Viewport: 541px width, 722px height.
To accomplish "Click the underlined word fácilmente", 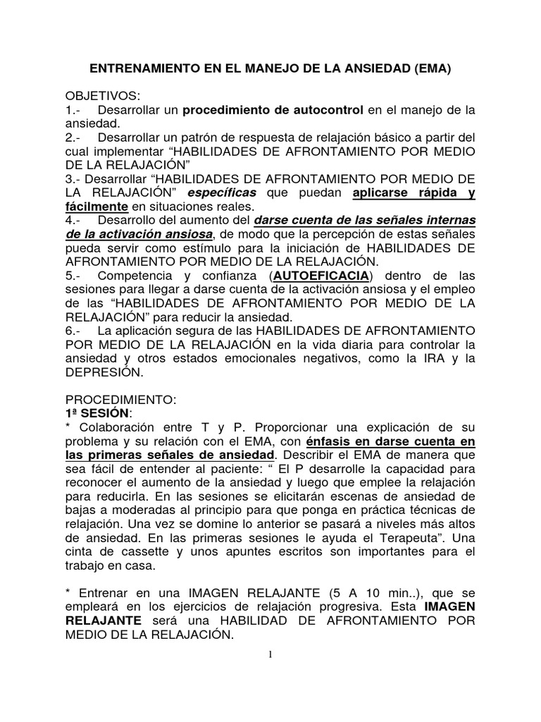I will pyautogui.click(x=97, y=207).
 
